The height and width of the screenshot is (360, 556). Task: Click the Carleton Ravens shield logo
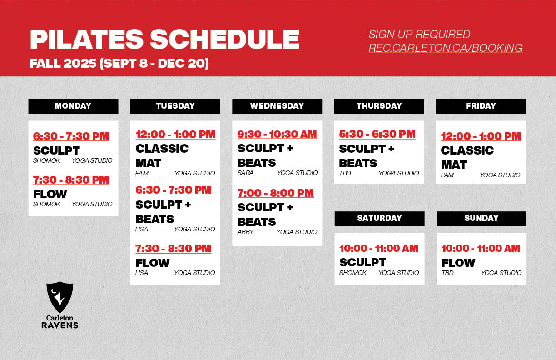(60, 297)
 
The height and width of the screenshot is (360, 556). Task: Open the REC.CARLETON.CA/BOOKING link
(445, 48)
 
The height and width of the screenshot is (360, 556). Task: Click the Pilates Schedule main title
(164, 40)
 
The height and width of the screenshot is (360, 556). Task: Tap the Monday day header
(73, 106)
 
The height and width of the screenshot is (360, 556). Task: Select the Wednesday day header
(277, 106)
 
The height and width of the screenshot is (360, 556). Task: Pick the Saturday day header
(379, 218)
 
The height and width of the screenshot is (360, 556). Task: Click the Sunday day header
(481, 218)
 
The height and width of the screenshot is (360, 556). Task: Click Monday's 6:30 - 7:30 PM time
(71, 136)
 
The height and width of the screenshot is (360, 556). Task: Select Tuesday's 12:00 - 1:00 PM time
(175, 135)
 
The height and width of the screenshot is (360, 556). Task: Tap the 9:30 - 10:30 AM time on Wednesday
(277, 135)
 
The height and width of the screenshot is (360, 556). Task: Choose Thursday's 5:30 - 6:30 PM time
(377, 135)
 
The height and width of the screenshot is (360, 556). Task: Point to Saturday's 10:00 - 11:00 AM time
(379, 249)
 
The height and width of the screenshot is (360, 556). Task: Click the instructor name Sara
(245, 173)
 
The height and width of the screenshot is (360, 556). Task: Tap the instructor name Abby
(245, 232)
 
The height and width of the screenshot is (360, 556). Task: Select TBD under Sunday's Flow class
(447, 273)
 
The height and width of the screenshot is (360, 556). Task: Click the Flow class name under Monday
(50, 194)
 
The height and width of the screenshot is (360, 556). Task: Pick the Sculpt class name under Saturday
(362, 262)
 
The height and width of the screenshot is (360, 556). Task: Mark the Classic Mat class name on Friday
(467, 157)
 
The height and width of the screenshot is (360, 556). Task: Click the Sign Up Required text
(419, 34)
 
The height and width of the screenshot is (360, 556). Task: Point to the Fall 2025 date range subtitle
(119, 64)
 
